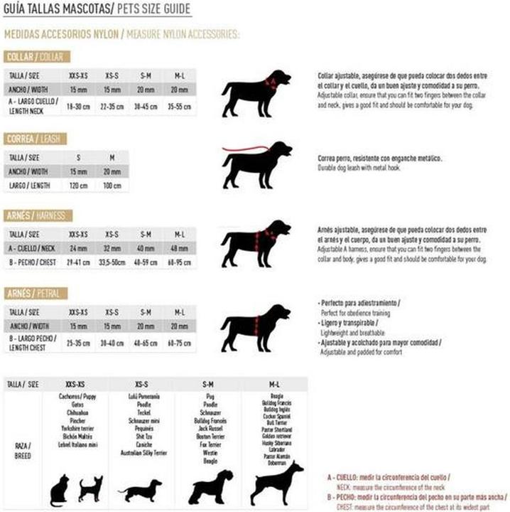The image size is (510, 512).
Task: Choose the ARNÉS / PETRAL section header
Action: coord(36,293)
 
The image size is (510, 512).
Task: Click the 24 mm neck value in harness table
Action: coord(78,248)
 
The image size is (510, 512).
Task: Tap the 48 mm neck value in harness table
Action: coord(179,248)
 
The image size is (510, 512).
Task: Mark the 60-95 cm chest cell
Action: coord(179,262)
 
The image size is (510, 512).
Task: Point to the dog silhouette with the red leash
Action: coord(256,164)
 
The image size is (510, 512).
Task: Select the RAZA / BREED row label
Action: coord(23,451)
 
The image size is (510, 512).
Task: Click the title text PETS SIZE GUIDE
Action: coord(152,9)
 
